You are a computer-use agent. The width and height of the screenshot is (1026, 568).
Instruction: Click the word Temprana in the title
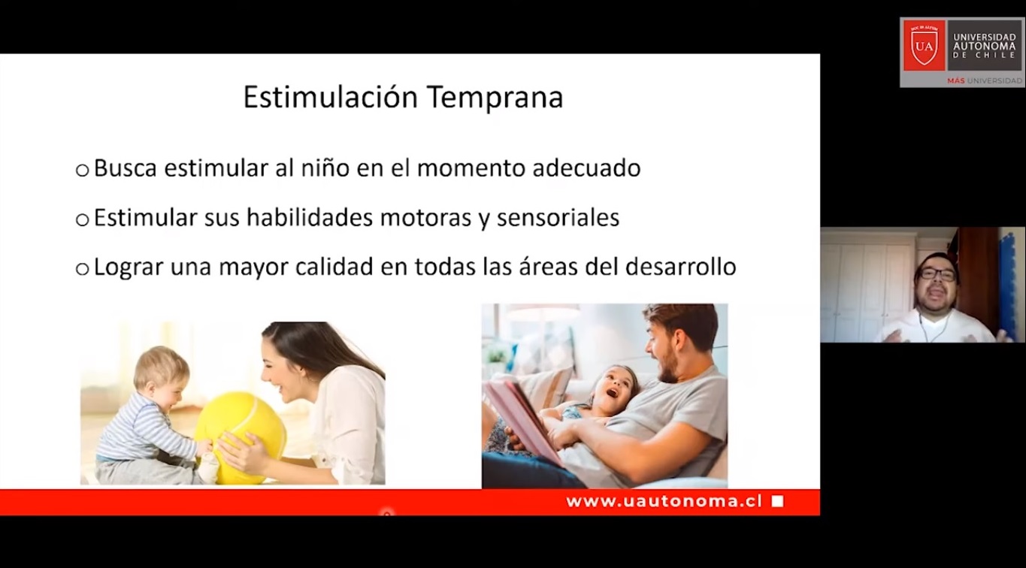tap(495, 98)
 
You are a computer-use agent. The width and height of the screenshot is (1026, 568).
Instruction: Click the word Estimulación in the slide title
tap(330, 97)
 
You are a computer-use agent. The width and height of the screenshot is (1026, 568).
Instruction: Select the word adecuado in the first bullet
tap(587, 168)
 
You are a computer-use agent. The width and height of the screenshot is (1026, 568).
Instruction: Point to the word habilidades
tap(310, 217)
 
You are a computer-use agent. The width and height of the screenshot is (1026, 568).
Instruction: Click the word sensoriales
tap(558, 217)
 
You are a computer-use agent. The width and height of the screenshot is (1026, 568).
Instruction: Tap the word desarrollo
tap(681, 267)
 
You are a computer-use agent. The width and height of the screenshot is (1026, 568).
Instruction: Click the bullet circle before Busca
tap(83, 171)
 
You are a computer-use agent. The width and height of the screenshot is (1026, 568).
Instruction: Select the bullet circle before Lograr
tap(83, 269)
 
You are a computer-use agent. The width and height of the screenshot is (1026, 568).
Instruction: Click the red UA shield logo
tap(924, 45)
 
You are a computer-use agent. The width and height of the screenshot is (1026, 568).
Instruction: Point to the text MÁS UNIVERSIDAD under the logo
tap(985, 81)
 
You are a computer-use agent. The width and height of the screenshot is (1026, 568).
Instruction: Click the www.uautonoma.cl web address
tap(664, 501)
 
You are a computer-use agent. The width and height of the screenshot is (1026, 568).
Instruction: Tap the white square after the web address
tap(777, 501)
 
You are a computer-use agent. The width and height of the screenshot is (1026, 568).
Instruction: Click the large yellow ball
tap(241, 437)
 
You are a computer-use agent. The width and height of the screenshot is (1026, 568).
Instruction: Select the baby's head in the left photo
tap(161, 373)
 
